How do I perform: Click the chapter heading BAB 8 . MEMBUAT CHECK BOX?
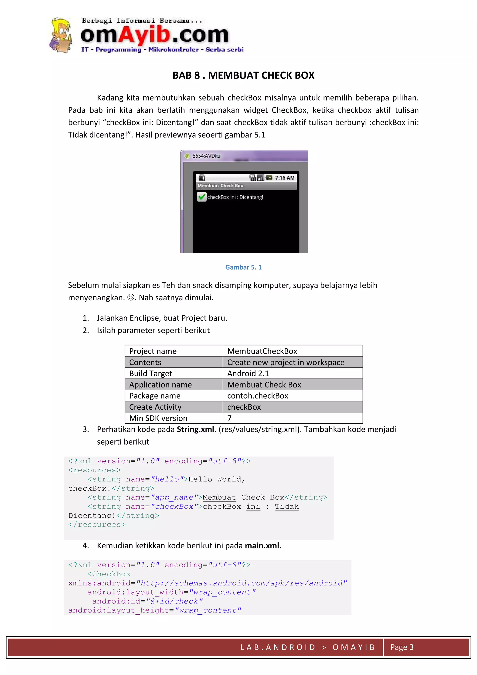point(243,76)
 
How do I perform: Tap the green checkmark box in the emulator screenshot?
point(201,197)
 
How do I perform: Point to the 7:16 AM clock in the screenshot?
point(285,178)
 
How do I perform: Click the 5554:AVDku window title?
point(206,156)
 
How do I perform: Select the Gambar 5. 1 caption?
point(243,267)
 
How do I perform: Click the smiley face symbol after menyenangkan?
point(130,298)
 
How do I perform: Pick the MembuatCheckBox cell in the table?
point(262,351)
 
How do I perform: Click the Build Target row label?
point(151,373)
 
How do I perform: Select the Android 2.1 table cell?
point(248,373)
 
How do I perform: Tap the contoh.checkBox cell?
point(258,396)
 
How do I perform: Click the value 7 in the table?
point(229,418)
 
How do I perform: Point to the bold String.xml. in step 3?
point(196,429)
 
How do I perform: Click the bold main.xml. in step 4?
point(263,546)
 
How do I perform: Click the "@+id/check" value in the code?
point(174,602)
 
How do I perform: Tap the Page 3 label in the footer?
point(402,647)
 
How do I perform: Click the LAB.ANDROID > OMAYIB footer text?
point(307,647)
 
